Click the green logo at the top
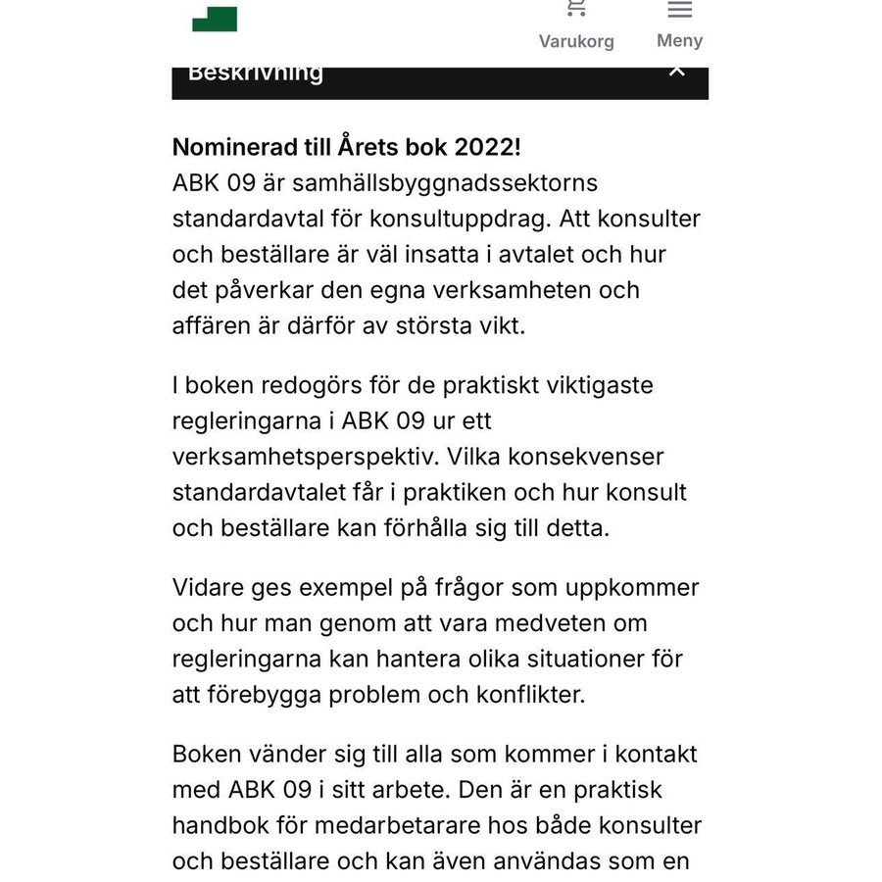click(215, 18)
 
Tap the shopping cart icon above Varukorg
click(576, 9)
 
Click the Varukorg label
click(576, 41)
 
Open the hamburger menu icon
click(680, 10)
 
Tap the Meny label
click(680, 40)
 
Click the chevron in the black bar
click(676, 72)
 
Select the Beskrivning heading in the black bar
click(256, 73)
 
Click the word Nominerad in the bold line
click(229, 147)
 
